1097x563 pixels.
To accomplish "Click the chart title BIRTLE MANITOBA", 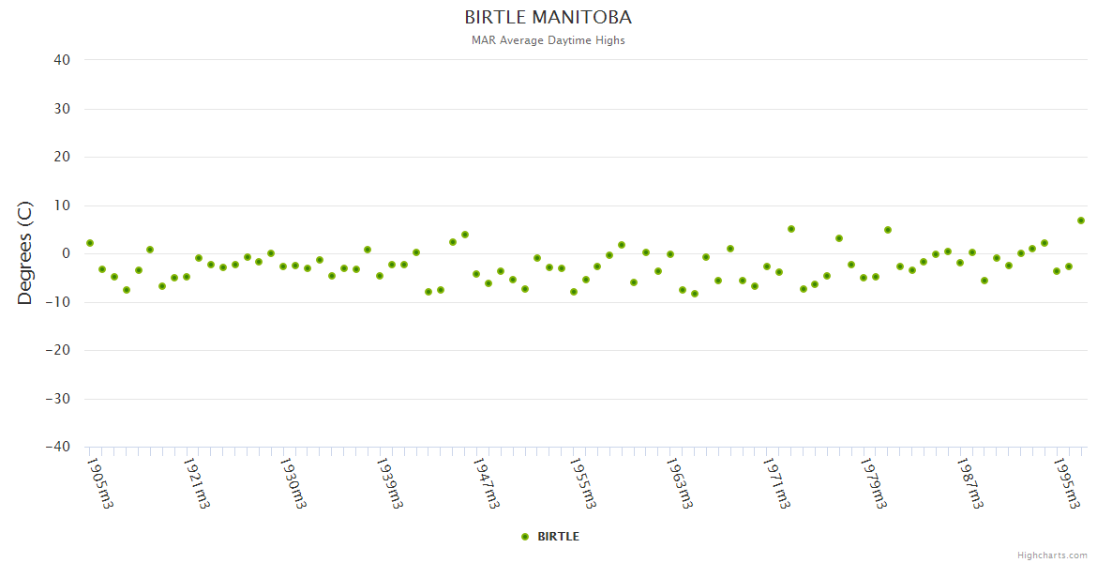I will [548, 18].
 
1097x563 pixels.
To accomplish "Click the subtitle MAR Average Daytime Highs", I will [548, 40].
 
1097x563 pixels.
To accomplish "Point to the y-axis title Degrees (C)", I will [25, 252].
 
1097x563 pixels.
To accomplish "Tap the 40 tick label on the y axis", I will [62, 60].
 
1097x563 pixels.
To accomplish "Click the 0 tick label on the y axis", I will [67, 253].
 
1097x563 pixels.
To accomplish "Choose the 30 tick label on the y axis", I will [62, 109].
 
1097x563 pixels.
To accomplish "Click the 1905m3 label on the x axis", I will [99, 482].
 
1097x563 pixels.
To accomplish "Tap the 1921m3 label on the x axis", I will [196, 482].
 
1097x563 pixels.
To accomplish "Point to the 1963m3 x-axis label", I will [679, 482].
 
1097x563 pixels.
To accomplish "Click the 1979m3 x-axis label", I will [873, 482].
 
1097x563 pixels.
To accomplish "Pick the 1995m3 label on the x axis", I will [1066, 482].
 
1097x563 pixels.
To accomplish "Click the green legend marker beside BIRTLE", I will [525, 537].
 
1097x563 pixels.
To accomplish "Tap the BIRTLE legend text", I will [558, 537].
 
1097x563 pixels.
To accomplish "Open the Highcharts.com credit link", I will [1052, 555].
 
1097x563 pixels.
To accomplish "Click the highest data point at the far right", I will [1081, 221].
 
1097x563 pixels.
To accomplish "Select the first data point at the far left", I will [90, 243].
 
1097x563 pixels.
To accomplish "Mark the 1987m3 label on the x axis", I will [969, 482].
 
